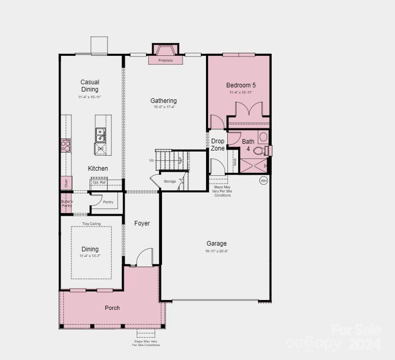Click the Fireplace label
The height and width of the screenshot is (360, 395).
pos(166,61)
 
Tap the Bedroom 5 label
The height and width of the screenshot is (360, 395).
pos(241,85)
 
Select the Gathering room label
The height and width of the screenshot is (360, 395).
pos(164,101)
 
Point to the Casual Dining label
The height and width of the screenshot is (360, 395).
pos(90,86)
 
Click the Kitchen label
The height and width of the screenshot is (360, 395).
pos(98,169)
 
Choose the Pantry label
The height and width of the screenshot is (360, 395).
pos(108,202)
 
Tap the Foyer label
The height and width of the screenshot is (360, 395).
pos(142,223)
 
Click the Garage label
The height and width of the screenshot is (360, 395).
pos(216,244)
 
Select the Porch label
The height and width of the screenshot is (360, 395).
pos(112,308)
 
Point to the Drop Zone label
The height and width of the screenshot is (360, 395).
pos(218,145)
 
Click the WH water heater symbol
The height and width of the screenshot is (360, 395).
pos(264,181)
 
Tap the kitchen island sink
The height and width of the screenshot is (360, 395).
pos(100,135)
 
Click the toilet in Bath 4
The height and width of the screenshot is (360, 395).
pos(258,151)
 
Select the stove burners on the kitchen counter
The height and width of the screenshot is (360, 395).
pos(66,145)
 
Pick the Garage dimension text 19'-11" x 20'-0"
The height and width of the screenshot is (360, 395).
pos(216,251)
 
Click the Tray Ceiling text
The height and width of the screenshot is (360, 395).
pos(91,223)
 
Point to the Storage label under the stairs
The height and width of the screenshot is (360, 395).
pos(170,181)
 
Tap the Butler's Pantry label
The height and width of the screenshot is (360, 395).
pos(67,203)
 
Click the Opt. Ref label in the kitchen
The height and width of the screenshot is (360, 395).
pos(98,183)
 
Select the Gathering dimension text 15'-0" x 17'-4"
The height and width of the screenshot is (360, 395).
pos(164,108)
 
